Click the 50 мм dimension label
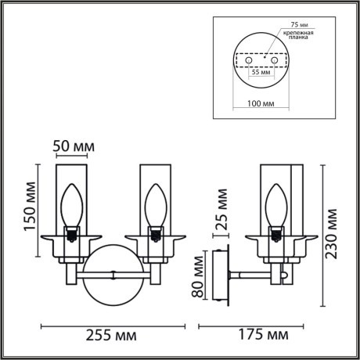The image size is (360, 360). click(74, 146)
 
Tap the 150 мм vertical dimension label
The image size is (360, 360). click(29, 212)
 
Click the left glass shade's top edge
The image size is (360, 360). click(74, 164)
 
